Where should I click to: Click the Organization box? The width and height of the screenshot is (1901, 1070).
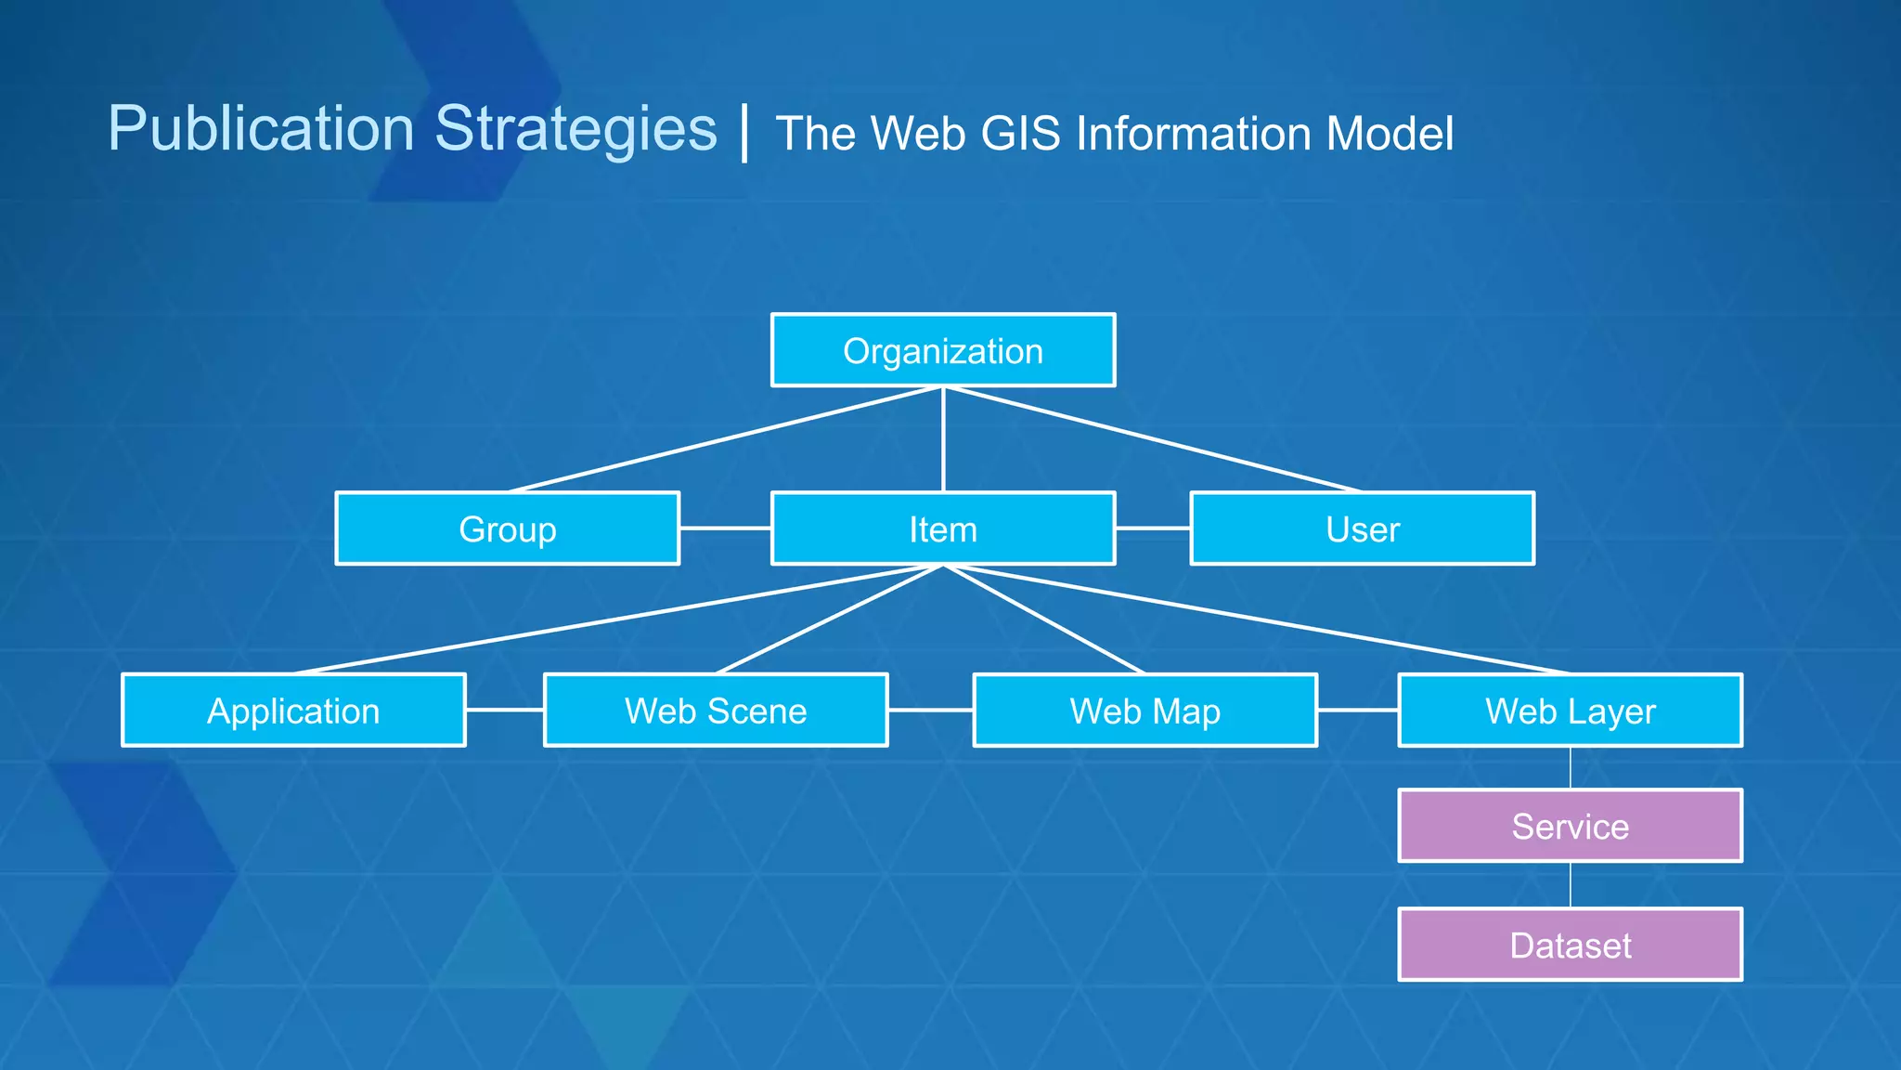point(943,350)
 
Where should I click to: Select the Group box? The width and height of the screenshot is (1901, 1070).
point(507,528)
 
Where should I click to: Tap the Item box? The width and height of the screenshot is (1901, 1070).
point(943,528)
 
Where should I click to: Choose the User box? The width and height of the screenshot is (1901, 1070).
point(1362,528)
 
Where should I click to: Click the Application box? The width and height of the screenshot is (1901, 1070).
point(293,711)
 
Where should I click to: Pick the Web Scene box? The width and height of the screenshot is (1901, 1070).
point(716,711)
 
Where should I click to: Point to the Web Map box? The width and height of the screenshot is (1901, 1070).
point(1144,711)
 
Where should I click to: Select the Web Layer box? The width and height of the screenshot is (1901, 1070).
point(1570,711)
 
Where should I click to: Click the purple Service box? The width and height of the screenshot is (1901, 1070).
point(1570,826)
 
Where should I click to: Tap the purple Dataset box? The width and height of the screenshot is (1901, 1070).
point(1570,945)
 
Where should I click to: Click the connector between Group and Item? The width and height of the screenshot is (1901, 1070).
point(726,528)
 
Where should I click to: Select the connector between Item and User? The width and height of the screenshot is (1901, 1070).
point(1153,528)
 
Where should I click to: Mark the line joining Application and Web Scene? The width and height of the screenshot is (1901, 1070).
point(505,710)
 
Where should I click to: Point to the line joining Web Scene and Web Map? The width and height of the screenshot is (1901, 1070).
point(930,710)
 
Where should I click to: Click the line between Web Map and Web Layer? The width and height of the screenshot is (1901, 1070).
point(1357,710)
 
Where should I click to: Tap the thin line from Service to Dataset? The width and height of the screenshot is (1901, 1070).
point(1571,885)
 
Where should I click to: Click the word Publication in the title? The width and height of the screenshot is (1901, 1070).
point(261,128)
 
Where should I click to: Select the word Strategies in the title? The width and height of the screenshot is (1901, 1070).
point(575,128)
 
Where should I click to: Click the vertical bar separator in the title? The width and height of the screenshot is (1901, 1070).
point(745,133)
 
